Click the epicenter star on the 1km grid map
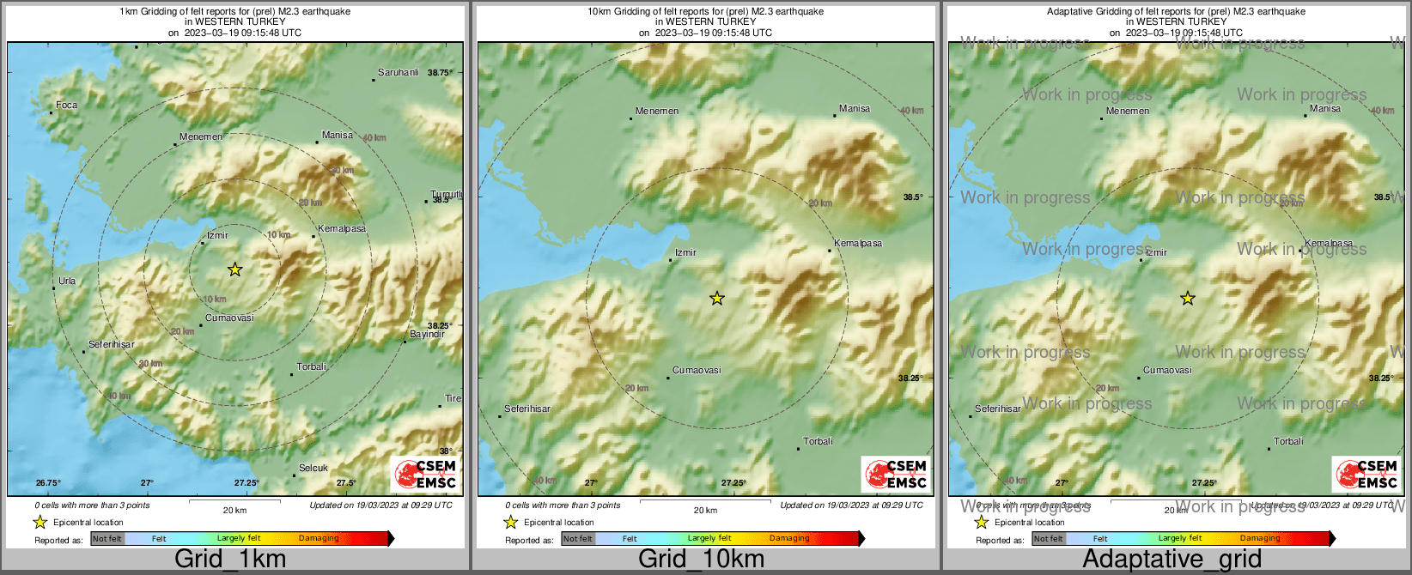(234, 269)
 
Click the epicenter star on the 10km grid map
(717, 299)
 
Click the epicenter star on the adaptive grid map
(1188, 299)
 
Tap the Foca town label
(66, 106)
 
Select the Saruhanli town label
(399, 73)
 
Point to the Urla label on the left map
(67, 281)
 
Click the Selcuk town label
(313, 469)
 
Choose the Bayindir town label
(427, 335)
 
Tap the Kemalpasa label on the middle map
(858, 244)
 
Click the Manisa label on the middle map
(855, 109)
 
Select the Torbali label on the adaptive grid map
(1288, 442)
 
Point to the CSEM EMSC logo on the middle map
(897, 475)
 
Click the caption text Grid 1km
(230, 560)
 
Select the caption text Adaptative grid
(1172, 560)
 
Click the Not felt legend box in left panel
(107, 539)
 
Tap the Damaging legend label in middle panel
(789, 539)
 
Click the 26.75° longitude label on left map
(48, 483)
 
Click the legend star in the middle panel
(510, 523)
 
